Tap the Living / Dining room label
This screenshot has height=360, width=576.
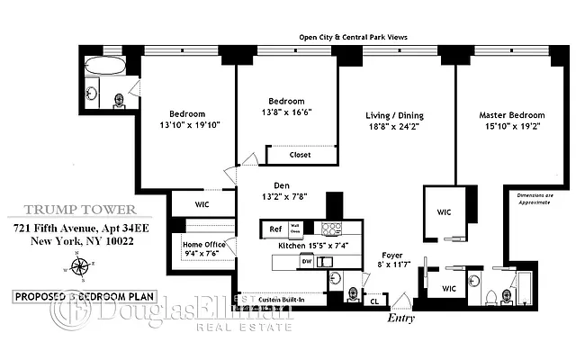pyautogui.click(x=394, y=116)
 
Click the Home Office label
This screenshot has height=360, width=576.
pyautogui.click(x=204, y=244)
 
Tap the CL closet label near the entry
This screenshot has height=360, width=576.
pyautogui.click(x=373, y=301)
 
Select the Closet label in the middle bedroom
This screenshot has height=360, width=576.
pyautogui.click(x=301, y=155)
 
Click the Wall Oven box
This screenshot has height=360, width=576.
pyautogui.click(x=294, y=229)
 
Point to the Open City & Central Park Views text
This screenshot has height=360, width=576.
pyautogui.click(x=354, y=37)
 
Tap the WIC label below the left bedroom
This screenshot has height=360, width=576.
pyautogui.click(x=202, y=205)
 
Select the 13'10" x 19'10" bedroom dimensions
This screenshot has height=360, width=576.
pyautogui.click(x=188, y=125)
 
